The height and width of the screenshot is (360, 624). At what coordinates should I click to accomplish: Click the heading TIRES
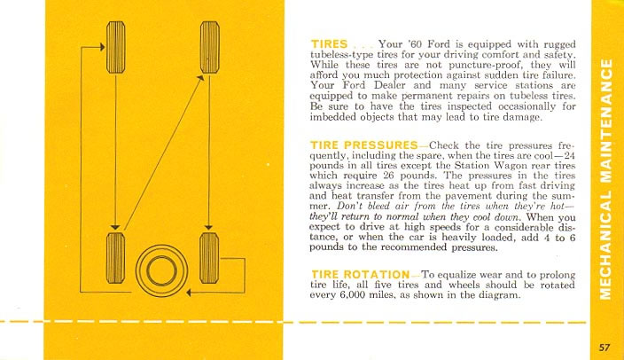point(329,43)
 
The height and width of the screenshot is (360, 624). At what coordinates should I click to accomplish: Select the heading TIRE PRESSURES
point(363,144)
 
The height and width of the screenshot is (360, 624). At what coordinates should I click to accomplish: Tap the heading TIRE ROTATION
point(360,273)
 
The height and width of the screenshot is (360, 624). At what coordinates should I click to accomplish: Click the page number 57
point(604,347)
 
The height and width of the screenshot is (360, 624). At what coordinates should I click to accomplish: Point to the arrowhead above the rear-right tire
point(209,225)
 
